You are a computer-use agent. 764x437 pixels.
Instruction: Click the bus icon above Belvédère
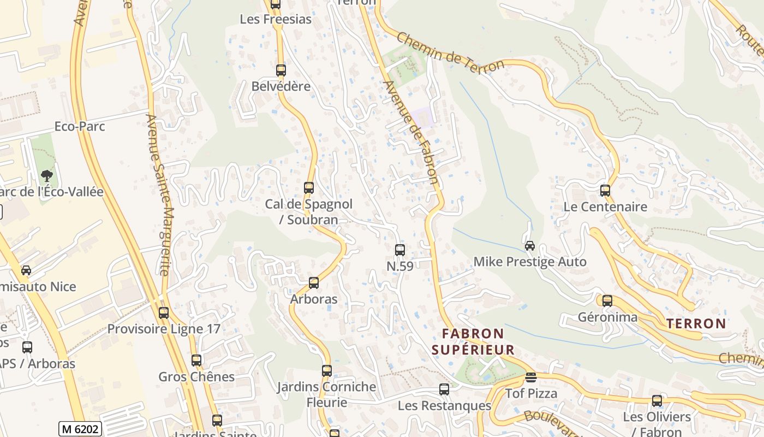[x=281, y=70]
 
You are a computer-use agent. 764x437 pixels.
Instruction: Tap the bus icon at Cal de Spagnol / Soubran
[x=309, y=188]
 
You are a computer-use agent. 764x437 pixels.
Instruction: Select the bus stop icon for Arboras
[x=314, y=283]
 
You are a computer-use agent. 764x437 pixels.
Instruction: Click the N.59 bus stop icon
[x=400, y=250]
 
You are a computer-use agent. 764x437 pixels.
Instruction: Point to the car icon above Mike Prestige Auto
[x=530, y=246]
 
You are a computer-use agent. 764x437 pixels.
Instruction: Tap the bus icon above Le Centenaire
[x=605, y=191]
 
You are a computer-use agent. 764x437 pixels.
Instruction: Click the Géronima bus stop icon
[x=607, y=301]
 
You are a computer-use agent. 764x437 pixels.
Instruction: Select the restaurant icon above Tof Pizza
[x=531, y=377]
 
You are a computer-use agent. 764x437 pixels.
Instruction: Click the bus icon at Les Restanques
[x=445, y=389]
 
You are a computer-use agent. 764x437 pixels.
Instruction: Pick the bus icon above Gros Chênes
[x=196, y=361]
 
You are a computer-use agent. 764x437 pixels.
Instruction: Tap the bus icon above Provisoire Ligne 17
[x=164, y=313]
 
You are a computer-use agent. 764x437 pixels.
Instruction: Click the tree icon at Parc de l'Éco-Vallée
[x=47, y=176]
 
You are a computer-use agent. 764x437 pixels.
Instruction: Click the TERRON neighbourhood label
[x=696, y=323]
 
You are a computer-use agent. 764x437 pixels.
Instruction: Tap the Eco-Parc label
[x=80, y=127]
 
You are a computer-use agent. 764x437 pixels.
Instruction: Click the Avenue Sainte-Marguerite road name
[x=159, y=194]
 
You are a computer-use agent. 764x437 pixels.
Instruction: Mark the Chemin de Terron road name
[x=450, y=52]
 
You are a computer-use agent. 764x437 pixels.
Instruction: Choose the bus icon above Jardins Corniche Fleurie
[x=327, y=371]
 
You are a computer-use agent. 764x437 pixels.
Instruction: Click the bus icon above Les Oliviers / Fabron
[x=657, y=401]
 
